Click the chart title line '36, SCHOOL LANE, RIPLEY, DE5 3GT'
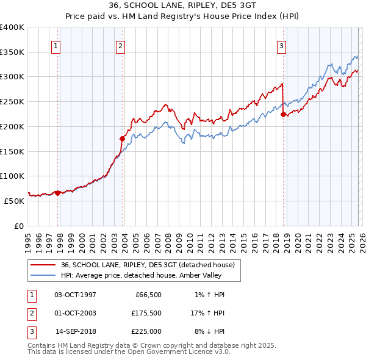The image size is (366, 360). (182, 5)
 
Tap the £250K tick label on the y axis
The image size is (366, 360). (12, 101)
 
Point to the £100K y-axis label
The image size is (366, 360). (12, 176)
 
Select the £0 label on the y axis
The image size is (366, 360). (18, 226)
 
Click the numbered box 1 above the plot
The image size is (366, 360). (56, 46)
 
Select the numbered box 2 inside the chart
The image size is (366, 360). (120, 46)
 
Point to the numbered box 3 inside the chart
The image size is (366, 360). (281, 46)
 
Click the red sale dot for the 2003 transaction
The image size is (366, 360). (123, 139)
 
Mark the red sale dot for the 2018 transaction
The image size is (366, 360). (283, 114)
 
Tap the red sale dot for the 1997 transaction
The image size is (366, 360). (58, 193)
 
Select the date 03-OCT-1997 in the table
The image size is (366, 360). (75, 295)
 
